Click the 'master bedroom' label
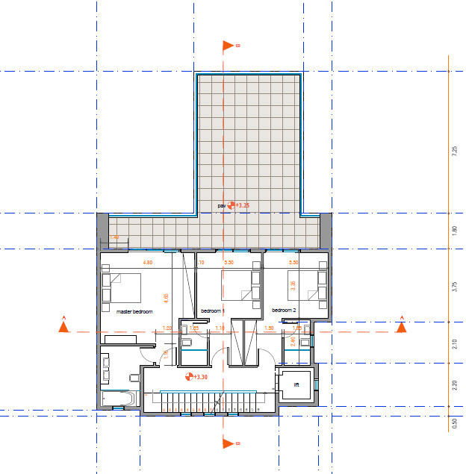134,311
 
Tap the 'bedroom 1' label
213,311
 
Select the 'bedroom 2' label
284,311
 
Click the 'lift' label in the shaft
296,385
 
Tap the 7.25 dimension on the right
454,152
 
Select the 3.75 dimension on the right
454,287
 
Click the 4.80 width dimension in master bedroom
148,263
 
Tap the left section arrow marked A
64,324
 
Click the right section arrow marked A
401,324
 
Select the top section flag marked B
230,46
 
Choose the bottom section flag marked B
230,443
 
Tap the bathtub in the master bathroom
119,399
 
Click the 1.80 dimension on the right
454,231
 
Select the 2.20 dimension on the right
454,386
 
